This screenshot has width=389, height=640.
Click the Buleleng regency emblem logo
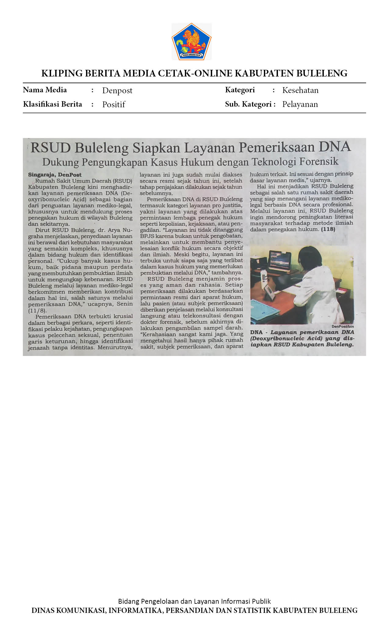(191, 41)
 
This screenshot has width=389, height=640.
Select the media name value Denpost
(117, 91)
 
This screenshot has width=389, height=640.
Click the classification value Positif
(113, 105)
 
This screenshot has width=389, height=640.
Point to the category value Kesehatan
(300, 90)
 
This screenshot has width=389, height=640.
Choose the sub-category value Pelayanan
(300, 104)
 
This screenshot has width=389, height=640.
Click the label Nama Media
(45, 90)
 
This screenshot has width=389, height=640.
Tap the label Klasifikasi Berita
(52, 104)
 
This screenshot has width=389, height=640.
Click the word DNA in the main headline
(335, 147)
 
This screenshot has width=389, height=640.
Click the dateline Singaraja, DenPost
(55, 175)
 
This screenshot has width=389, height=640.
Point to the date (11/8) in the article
(37, 311)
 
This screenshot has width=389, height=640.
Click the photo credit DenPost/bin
(343, 326)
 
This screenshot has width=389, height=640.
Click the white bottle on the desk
(264, 276)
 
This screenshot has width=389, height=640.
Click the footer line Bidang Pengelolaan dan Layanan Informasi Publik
(194, 601)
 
